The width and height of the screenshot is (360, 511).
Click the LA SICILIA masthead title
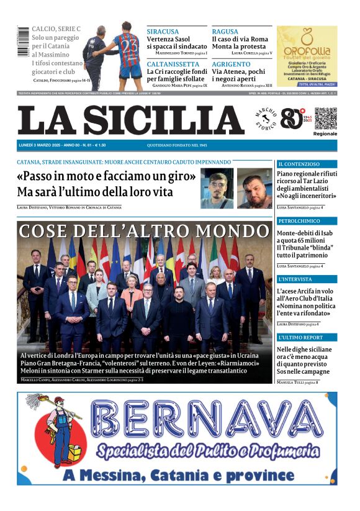(131, 120)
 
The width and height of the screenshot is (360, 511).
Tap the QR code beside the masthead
(325, 118)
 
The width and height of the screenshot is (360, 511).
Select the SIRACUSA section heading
(163, 31)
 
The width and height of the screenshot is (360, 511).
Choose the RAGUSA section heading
(225, 31)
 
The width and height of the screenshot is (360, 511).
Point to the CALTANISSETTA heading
(173, 64)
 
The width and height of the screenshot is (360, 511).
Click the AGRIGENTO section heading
(232, 64)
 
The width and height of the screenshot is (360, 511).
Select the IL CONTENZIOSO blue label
(299, 164)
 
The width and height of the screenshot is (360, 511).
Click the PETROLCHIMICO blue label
(300, 221)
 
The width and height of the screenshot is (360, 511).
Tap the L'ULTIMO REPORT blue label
(301, 337)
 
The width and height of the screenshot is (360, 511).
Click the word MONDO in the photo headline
(230, 231)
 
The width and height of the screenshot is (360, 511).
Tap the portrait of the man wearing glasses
(217, 188)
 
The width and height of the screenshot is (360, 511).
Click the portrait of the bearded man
(254, 188)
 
